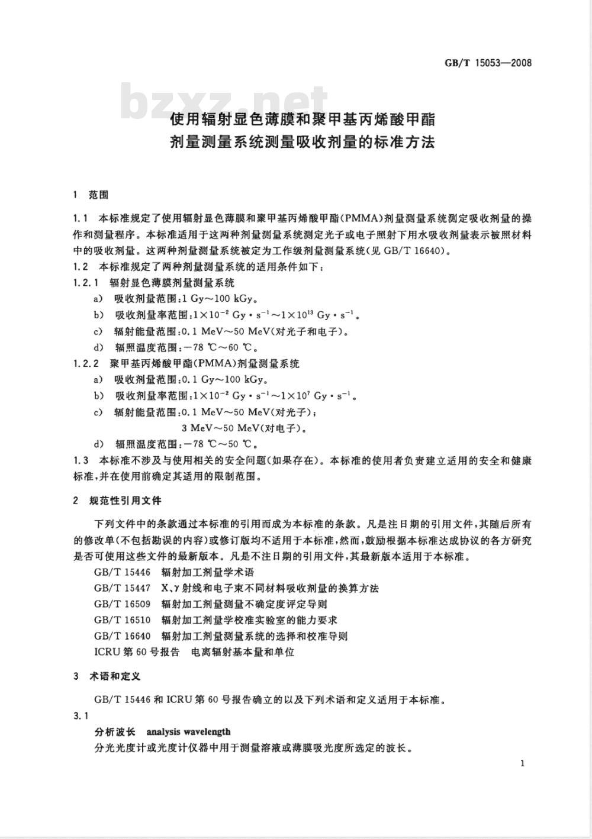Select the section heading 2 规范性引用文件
click(117, 501)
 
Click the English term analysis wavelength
click(188, 732)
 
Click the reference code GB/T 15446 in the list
click(123, 572)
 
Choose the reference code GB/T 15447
click(123, 588)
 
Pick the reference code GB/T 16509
click(123, 604)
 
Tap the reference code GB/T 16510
click(123, 620)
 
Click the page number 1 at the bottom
click(522, 763)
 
